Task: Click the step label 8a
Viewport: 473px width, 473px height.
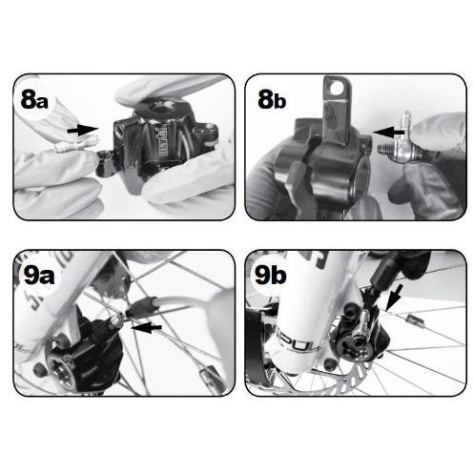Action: coord(34,98)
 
